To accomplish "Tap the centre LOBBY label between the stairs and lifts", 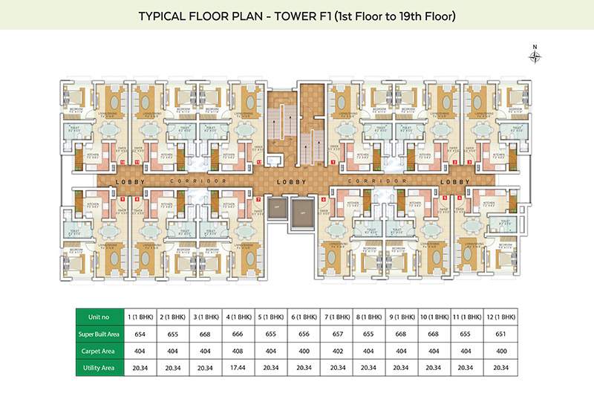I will pyautogui.click(x=287, y=181).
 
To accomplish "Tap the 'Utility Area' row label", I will pyautogui.click(x=99, y=366).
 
